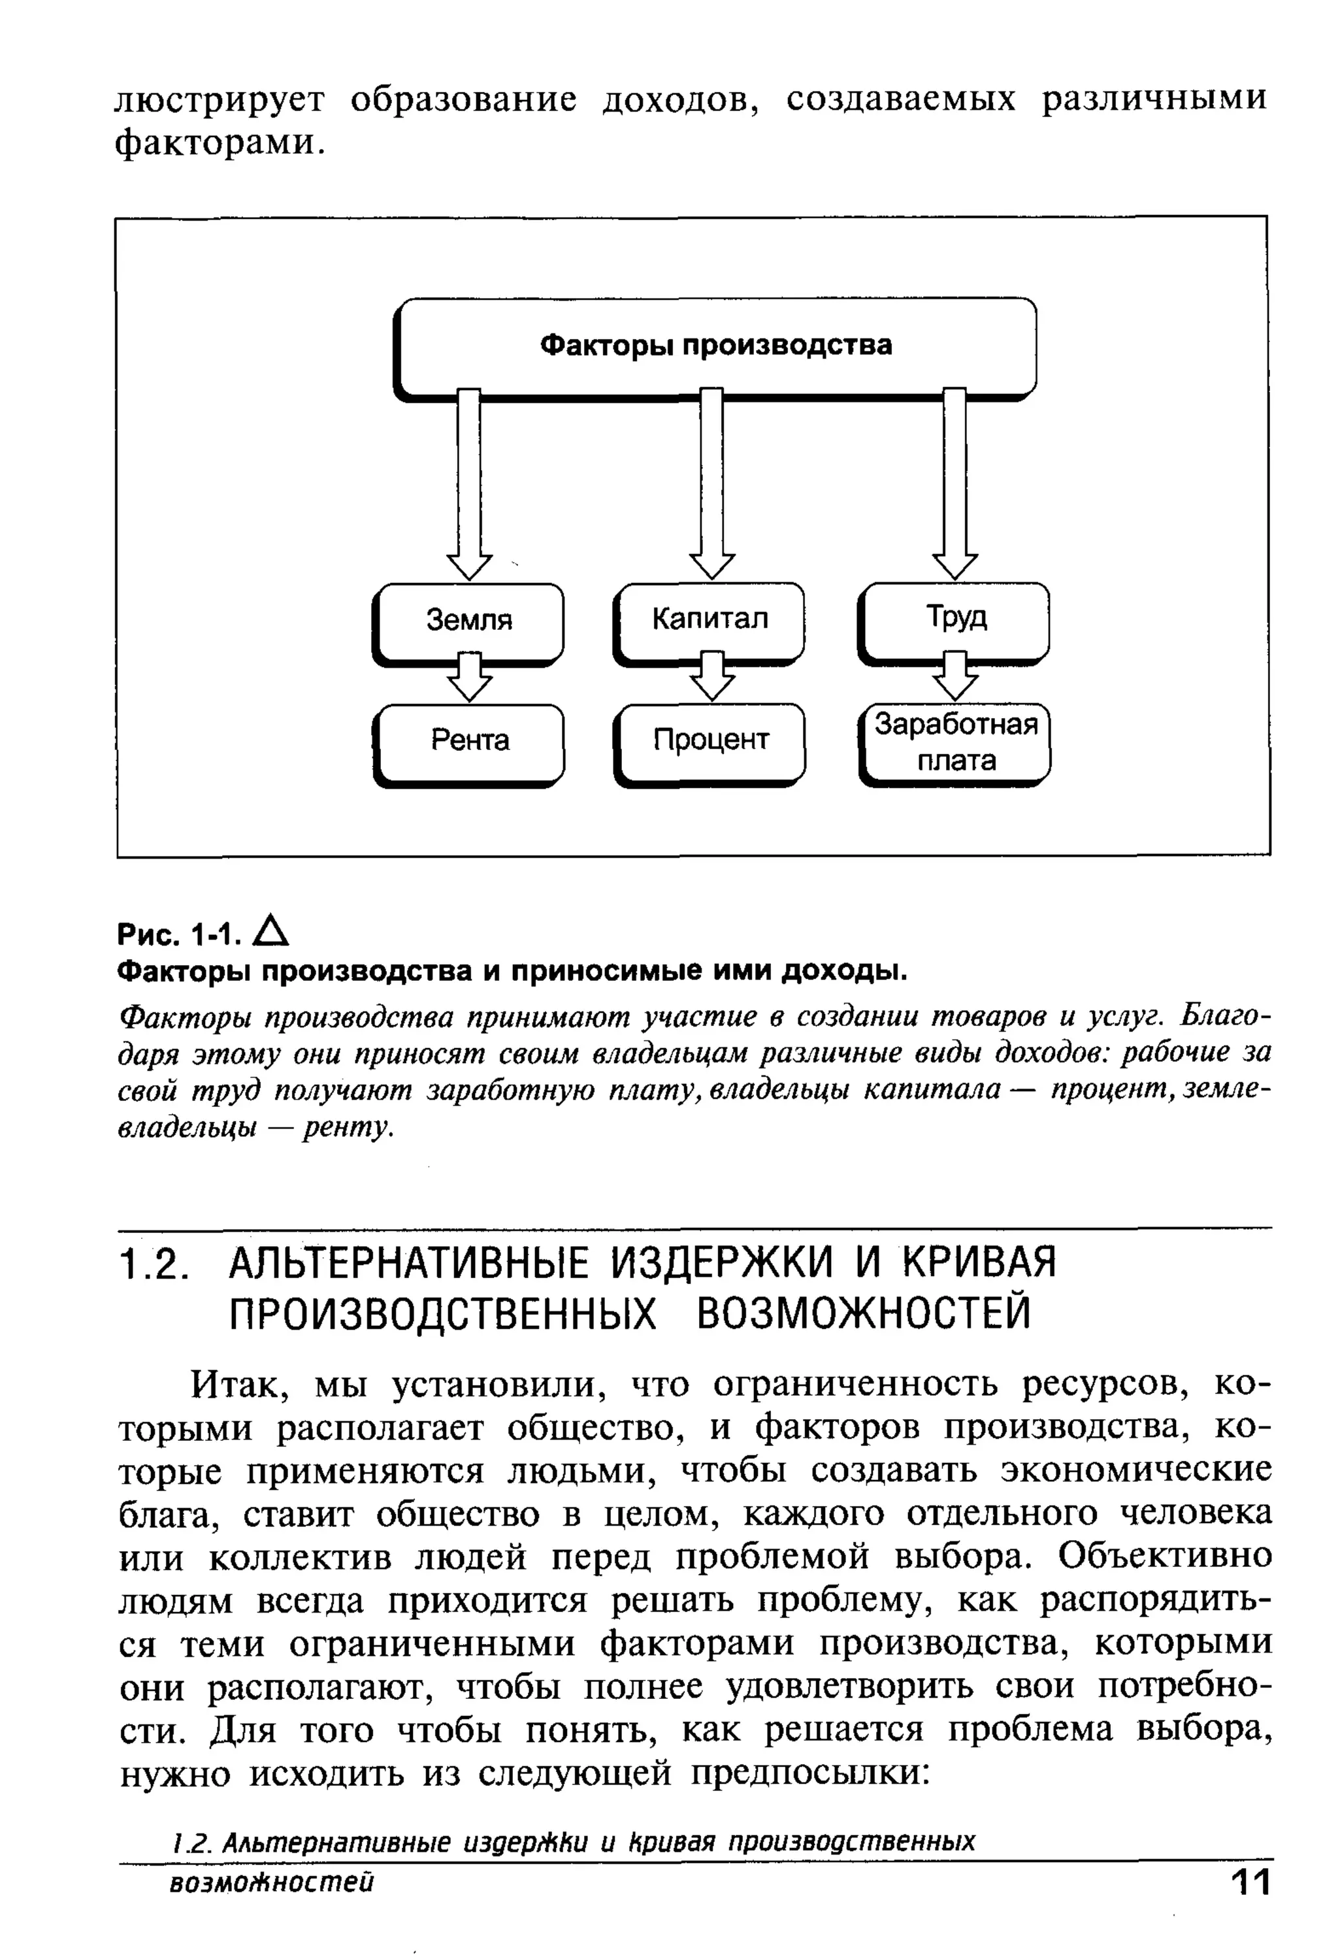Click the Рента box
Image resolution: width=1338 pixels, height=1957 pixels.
point(469,741)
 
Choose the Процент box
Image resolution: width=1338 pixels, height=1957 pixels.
point(710,741)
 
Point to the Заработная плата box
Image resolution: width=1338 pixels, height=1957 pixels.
point(955,743)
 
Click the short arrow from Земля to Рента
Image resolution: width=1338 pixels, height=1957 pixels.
point(470,678)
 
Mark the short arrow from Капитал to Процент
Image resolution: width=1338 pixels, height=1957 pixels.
point(712,676)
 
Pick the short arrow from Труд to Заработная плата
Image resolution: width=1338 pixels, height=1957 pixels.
point(955,676)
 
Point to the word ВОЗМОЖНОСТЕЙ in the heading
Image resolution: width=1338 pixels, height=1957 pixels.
point(863,1313)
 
